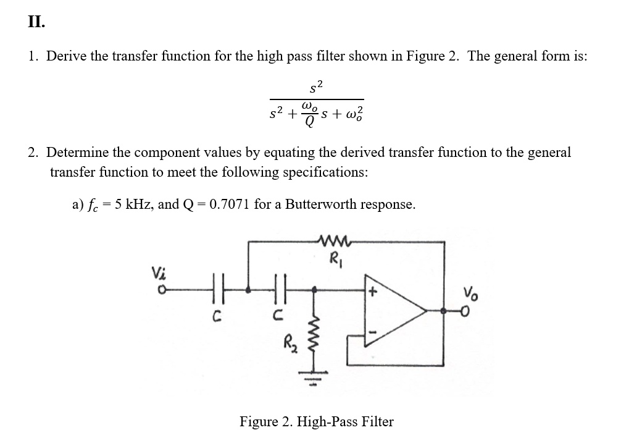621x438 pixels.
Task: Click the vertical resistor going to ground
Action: [x=316, y=336]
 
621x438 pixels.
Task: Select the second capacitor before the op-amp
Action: [x=277, y=288]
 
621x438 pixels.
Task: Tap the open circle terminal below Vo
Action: [x=467, y=313]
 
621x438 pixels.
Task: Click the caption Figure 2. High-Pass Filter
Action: [x=316, y=422]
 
